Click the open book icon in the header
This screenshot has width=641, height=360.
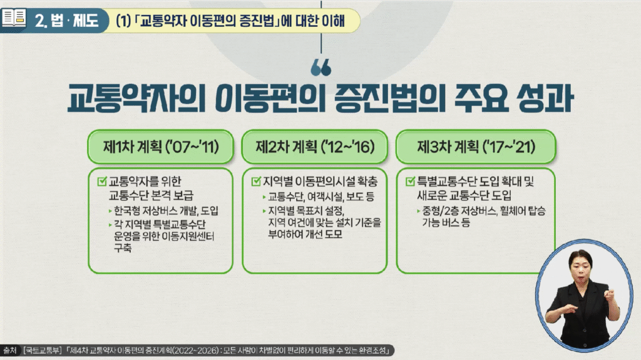point(14,18)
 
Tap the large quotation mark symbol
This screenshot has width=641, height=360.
point(321,68)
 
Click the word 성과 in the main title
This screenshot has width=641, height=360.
point(545,98)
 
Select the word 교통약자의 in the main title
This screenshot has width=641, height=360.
point(136,98)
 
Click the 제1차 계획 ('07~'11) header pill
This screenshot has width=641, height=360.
point(161,147)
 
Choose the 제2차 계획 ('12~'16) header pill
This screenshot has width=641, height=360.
point(315,147)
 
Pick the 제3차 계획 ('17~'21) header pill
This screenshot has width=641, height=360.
point(476,147)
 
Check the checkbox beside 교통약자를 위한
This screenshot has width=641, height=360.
point(102,181)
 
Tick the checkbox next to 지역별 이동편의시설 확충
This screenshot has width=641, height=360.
point(256,181)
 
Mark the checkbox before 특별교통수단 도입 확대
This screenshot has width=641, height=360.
point(411,181)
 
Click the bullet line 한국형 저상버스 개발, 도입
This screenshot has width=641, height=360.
point(166,211)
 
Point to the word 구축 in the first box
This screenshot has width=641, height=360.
point(123,247)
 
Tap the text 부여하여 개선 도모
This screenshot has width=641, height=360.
point(305,234)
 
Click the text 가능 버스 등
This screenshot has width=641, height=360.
point(446,222)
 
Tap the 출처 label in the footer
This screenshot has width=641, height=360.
point(9,350)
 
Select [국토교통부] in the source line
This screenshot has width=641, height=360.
point(42,350)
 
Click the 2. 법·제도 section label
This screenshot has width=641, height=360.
point(66,20)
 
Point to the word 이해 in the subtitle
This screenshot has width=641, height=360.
point(333,20)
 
